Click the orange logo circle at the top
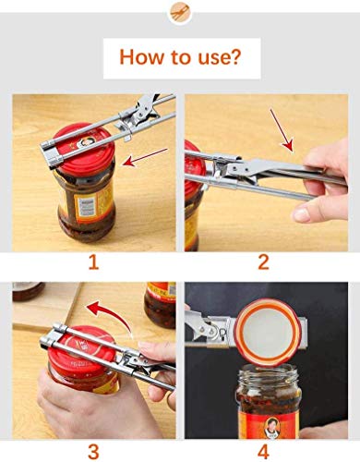[x=179, y=13]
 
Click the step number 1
[x=92, y=262]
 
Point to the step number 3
[x=92, y=452]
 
